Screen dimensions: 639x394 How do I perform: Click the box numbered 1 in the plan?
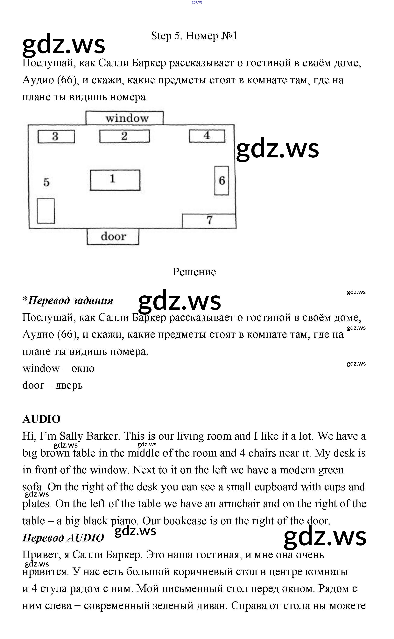[115, 180]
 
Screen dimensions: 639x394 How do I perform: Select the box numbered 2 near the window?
[124, 136]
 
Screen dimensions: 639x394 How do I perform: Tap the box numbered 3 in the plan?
[56, 136]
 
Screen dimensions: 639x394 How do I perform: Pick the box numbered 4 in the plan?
[207, 136]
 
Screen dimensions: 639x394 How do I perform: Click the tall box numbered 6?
[222, 181]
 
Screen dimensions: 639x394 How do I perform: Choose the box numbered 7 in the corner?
[209, 221]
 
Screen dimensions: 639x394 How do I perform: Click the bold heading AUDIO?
[41, 419]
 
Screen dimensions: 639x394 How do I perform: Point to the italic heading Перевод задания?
[68, 300]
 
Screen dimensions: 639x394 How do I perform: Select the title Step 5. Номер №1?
[194, 36]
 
